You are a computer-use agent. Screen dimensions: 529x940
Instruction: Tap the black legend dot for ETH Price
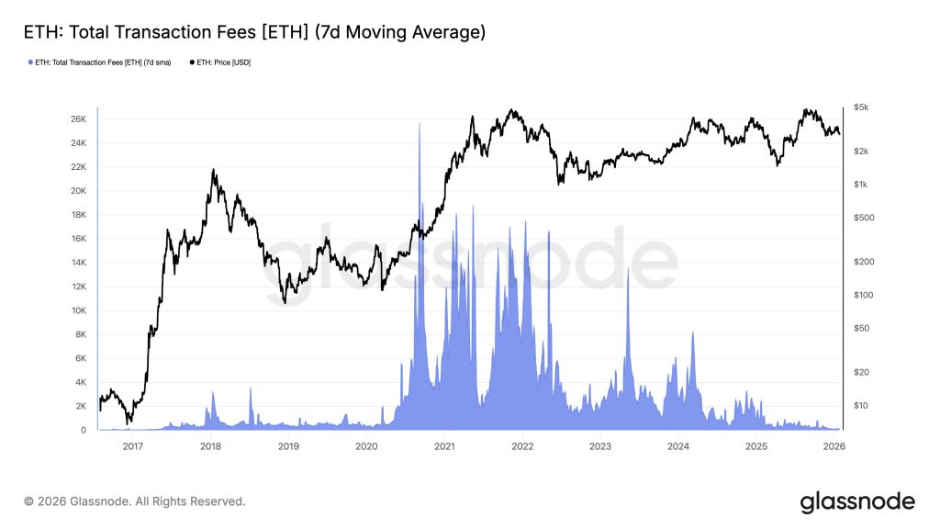tap(191, 62)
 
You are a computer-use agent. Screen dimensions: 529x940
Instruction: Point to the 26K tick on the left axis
tap(79, 119)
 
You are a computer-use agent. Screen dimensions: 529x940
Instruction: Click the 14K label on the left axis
tap(79, 263)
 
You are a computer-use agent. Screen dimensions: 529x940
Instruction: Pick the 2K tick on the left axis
tap(82, 406)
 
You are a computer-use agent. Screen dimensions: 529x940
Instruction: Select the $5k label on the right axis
tap(860, 107)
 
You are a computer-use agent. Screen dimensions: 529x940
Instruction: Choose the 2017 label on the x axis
tap(132, 446)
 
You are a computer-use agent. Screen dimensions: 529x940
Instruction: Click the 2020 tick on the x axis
tap(366, 446)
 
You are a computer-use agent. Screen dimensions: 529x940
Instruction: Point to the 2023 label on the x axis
tap(600, 446)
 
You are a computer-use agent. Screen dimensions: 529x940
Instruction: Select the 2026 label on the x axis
tap(834, 446)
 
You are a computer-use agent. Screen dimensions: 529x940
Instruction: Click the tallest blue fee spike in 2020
tap(420, 124)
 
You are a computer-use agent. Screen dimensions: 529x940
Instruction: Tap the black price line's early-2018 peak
tap(213, 170)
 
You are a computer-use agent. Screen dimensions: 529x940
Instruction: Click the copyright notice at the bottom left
tap(135, 501)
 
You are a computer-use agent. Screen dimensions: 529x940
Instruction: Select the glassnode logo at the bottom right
tap(857, 501)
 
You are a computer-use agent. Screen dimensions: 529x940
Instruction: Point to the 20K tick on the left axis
tap(79, 191)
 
